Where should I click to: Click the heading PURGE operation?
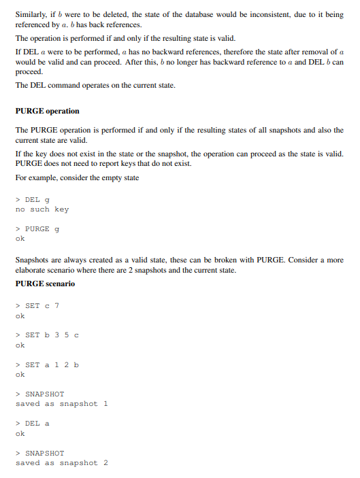click(x=47, y=111)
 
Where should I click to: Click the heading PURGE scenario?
click(x=45, y=284)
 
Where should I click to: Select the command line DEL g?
click(x=33, y=200)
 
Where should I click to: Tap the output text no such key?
click(x=42, y=209)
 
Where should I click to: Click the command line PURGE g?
click(x=37, y=229)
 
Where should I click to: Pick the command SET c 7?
click(x=37, y=306)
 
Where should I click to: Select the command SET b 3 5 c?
click(x=47, y=335)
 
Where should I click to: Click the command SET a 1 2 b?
click(x=47, y=364)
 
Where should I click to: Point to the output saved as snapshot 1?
click(x=62, y=404)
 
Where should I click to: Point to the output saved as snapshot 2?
click(x=62, y=463)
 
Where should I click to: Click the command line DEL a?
click(x=33, y=424)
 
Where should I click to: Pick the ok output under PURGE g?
click(x=20, y=239)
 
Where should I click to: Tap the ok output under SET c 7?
click(x=20, y=315)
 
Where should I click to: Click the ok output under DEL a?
click(x=20, y=433)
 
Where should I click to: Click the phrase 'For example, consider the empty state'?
click(x=77, y=178)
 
